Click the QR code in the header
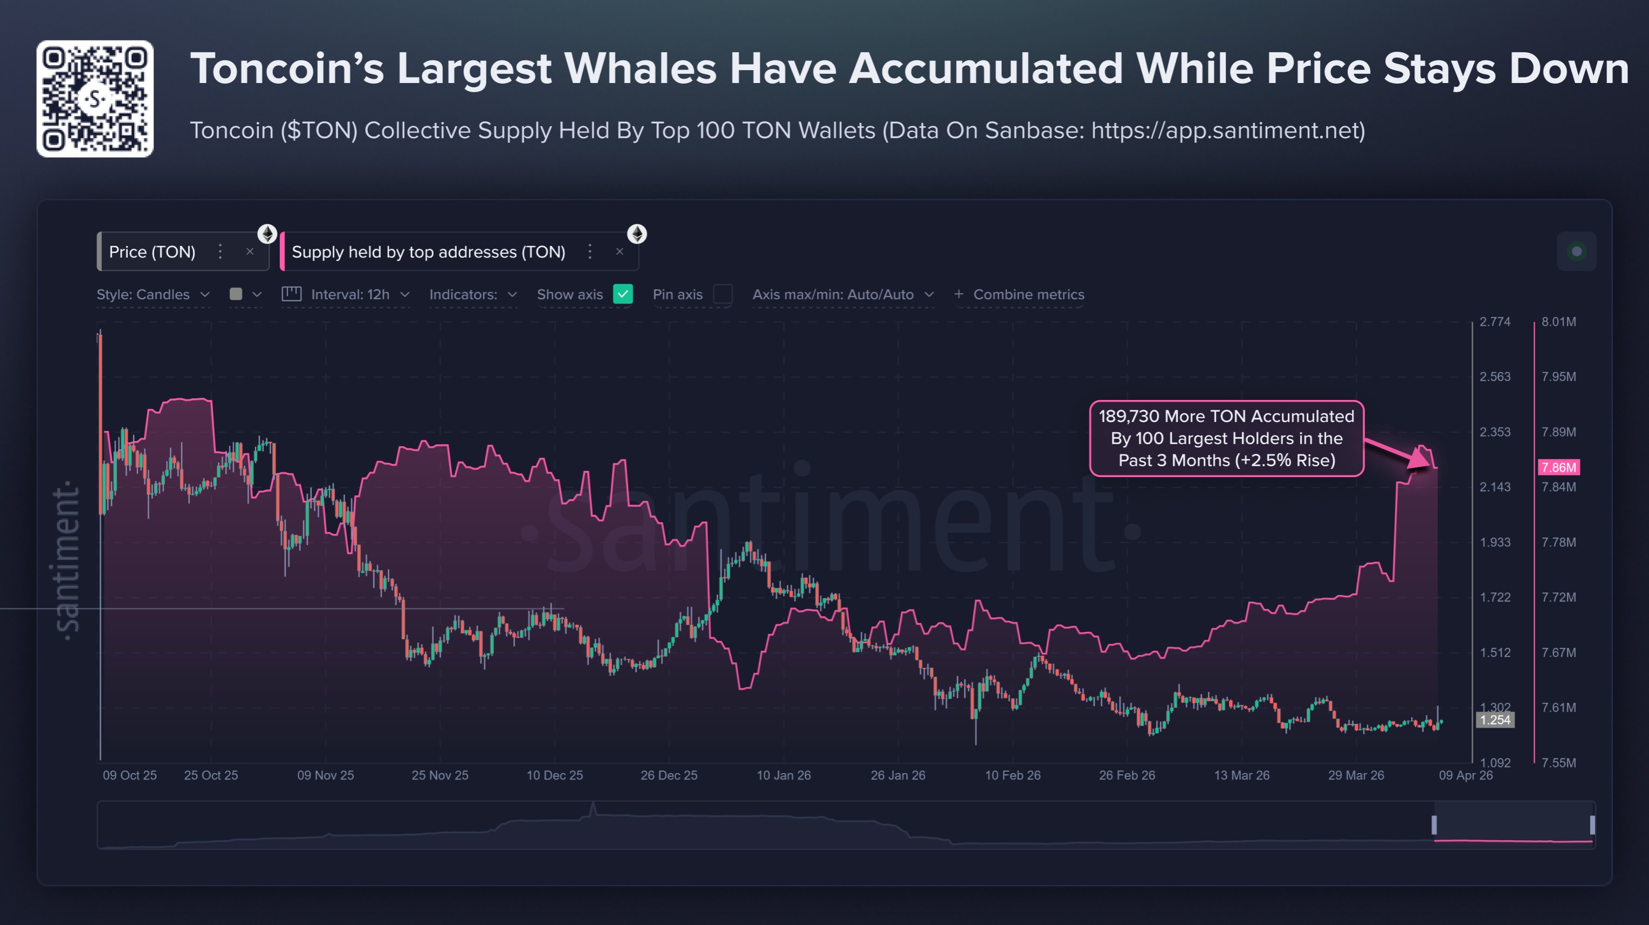click(95, 99)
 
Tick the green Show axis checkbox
click(622, 294)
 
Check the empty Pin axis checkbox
click(723, 294)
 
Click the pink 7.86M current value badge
click(1558, 467)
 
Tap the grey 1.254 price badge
click(1495, 720)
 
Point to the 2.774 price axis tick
click(1495, 322)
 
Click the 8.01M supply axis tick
click(1558, 322)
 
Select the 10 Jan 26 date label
click(784, 775)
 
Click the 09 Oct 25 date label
click(130, 775)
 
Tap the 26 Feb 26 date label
click(1126, 775)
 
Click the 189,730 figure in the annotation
click(1129, 417)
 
